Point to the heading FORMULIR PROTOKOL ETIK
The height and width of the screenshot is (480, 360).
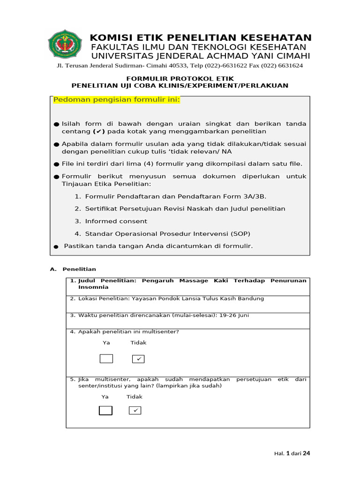[x=180, y=78]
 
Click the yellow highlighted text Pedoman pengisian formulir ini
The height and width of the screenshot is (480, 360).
[x=116, y=100]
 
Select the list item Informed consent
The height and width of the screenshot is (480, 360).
[x=116, y=221]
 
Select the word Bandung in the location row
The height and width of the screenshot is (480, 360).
[x=253, y=299]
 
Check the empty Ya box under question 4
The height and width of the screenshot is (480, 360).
[x=106, y=359]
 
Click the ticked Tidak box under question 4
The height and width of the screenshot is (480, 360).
[x=138, y=359]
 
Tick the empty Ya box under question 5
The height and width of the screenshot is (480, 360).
[x=105, y=411]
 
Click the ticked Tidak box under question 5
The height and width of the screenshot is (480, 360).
[x=135, y=411]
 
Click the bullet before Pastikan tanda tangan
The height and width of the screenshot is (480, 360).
[x=56, y=247]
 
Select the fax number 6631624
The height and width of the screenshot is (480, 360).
[x=291, y=66]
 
